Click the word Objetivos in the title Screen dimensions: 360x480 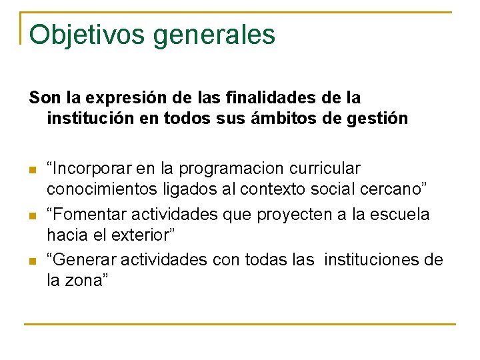click(87, 35)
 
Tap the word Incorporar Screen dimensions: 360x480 click(90, 169)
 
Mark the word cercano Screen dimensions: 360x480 click(395, 191)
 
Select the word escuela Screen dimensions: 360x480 click(404, 214)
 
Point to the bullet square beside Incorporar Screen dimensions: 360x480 click(33, 170)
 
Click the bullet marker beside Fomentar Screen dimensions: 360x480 click(33, 215)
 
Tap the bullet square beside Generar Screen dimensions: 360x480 click(33, 261)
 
